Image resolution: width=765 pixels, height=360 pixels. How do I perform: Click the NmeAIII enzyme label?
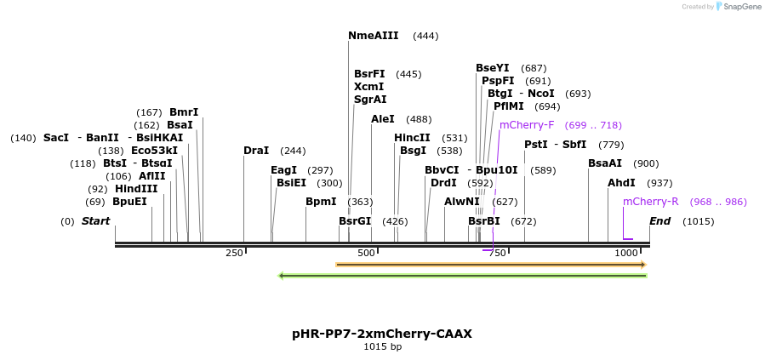click(373, 36)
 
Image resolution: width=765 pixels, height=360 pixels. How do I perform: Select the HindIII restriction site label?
click(136, 189)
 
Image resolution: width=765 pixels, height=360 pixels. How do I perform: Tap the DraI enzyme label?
click(256, 151)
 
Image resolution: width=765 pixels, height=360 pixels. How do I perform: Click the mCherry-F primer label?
click(527, 125)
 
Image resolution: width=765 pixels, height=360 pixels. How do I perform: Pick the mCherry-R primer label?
click(650, 202)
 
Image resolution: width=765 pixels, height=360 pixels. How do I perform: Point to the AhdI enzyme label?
click(621, 183)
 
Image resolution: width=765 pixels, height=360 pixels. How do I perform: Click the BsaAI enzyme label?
click(605, 163)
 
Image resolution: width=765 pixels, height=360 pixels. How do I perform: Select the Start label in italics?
click(95, 221)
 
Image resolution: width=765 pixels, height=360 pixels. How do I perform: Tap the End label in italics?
click(659, 221)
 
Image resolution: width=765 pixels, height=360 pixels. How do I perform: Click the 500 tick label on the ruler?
click(366, 253)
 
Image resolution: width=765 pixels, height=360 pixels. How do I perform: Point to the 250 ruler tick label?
click(234, 253)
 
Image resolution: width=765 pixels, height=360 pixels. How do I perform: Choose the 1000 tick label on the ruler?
click(626, 253)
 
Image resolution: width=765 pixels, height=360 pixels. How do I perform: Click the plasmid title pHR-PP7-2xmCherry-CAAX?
click(382, 334)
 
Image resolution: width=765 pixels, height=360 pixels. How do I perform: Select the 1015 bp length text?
click(382, 346)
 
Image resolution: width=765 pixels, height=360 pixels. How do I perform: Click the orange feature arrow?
click(491, 265)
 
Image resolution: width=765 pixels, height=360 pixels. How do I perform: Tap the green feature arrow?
click(463, 275)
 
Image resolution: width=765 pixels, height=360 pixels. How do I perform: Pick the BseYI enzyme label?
click(493, 68)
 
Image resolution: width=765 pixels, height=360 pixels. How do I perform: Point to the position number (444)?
click(425, 36)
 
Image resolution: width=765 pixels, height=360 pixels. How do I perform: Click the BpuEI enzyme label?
click(129, 202)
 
